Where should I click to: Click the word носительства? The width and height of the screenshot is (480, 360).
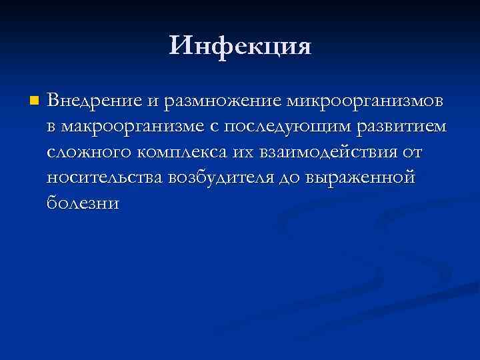pyautogui.click(x=104, y=178)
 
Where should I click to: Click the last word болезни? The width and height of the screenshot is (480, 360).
pyautogui.click(x=83, y=203)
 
